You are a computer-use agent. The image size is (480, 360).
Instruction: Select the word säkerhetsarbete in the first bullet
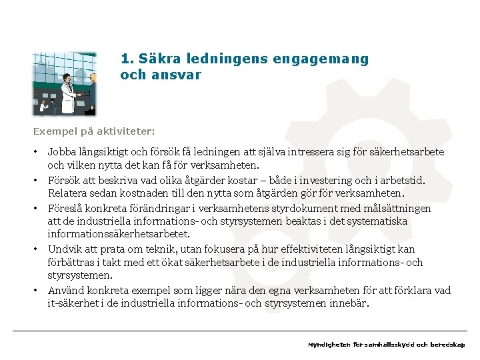point(407,153)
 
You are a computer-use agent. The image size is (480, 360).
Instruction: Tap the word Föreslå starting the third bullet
point(65,208)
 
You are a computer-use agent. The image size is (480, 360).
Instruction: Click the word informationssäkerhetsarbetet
point(118,234)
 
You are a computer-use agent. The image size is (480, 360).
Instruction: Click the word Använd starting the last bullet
point(65,290)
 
